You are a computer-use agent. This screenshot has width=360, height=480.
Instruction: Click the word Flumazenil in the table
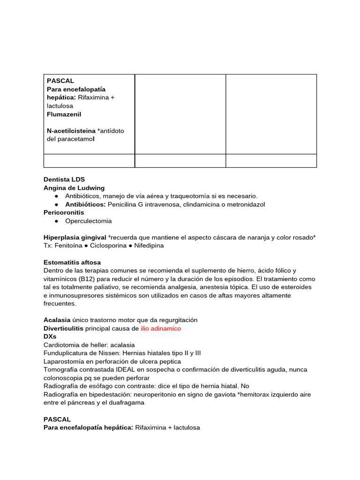tap(64, 114)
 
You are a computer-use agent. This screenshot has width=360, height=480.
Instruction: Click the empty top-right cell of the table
tap(271, 114)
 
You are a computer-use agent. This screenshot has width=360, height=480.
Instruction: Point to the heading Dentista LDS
tap(64, 180)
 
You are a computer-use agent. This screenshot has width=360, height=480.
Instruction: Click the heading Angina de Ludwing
tap(74, 188)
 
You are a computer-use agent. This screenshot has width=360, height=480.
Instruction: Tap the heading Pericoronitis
tap(64, 213)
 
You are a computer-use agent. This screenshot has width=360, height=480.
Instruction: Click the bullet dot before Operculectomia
tap(56, 221)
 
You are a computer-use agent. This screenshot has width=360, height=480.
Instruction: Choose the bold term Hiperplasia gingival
tap(75, 238)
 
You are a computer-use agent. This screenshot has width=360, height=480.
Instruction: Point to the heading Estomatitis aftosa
tap(72, 262)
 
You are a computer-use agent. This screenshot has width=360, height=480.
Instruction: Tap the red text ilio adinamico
tap(161, 329)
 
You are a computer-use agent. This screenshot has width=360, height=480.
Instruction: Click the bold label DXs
tap(50, 337)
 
